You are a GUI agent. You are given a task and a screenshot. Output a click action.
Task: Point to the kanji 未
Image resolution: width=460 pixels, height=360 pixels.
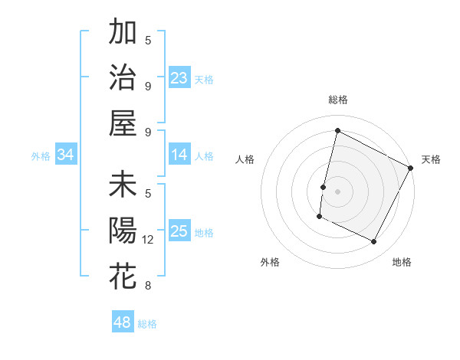click(123, 185)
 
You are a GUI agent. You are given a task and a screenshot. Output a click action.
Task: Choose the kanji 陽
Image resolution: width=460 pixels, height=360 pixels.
click(123, 231)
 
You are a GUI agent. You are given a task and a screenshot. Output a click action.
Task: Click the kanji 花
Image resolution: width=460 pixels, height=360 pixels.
click(123, 277)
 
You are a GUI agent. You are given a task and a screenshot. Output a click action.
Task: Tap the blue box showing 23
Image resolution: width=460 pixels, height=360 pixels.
click(179, 78)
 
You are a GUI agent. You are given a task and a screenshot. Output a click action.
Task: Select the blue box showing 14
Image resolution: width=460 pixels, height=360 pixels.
click(179, 155)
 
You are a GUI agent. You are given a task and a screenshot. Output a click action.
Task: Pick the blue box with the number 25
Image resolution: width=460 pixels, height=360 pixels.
click(179, 232)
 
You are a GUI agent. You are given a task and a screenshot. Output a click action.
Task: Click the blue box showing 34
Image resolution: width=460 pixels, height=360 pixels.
click(66, 155)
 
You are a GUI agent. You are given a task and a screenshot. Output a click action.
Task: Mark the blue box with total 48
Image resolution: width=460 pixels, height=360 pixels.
click(123, 322)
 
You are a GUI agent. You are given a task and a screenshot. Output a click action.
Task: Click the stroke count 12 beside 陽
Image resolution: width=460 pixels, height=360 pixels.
click(148, 240)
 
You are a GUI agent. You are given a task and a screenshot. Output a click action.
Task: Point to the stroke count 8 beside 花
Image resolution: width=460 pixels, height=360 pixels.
click(148, 286)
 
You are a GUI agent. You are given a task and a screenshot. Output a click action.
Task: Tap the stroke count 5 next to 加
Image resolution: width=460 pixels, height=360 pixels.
click(148, 39)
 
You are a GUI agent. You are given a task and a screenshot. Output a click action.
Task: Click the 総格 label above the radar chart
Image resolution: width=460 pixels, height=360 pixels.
click(337, 100)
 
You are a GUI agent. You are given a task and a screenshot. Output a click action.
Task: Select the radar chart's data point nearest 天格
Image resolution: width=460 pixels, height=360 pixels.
click(411, 169)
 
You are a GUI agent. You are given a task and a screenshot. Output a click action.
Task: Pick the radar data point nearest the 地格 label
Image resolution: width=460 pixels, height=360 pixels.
click(374, 242)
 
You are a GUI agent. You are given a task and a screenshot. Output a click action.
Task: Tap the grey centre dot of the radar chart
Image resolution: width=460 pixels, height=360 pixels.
click(337, 191)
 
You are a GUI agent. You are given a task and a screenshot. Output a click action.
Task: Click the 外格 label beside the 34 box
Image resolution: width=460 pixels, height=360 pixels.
click(41, 156)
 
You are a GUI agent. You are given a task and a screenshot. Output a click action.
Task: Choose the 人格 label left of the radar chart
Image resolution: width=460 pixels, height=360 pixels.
click(245, 159)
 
